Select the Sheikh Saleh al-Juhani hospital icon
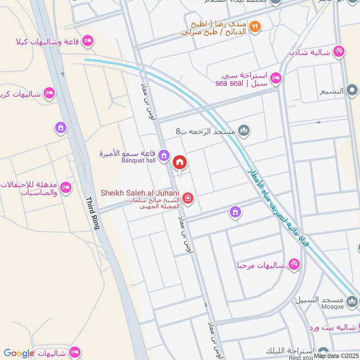(x=189, y=198)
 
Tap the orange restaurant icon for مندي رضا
(x=255, y=27)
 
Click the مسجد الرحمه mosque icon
(x=244, y=131)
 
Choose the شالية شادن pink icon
(x=339, y=52)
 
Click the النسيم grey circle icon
(x=351, y=91)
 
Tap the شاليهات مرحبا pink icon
(x=294, y=265)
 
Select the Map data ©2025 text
(x=335, y=355)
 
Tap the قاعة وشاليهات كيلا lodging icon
(x=88, y=41)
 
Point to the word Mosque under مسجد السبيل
(x=333, y=306)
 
